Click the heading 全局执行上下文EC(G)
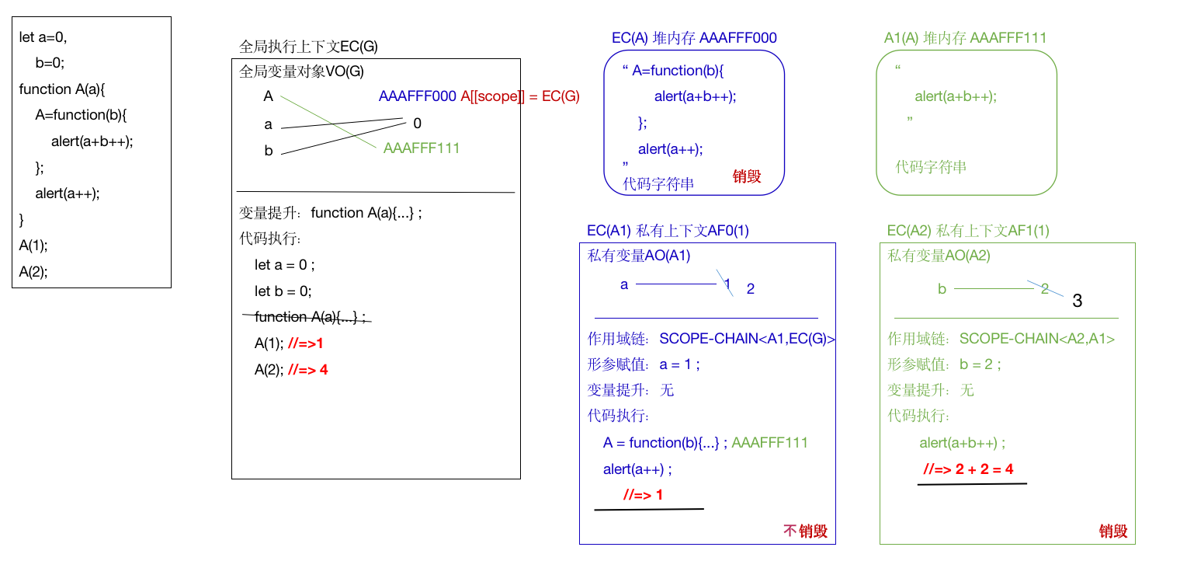point(309,47)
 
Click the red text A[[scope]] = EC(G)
point(520,96)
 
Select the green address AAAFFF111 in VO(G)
point(422,148)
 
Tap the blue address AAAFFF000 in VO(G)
point(418,96)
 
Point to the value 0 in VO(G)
point(418,124)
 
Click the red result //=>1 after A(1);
point(305,343)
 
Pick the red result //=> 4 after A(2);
point(308,370)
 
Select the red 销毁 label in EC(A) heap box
point(747,176)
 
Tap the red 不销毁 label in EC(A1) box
point(806,531)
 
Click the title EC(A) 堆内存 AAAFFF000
point(694,38)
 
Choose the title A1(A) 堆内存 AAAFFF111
point(966,38)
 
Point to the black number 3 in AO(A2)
point(1077,301)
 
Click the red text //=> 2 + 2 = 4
point(968,469)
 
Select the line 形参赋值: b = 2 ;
point(945,364)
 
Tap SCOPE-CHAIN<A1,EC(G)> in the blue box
point(747,339)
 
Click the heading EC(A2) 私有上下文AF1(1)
point(968,231)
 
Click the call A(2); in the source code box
point(33,272)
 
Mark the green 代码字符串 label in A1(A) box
point(931,167)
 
